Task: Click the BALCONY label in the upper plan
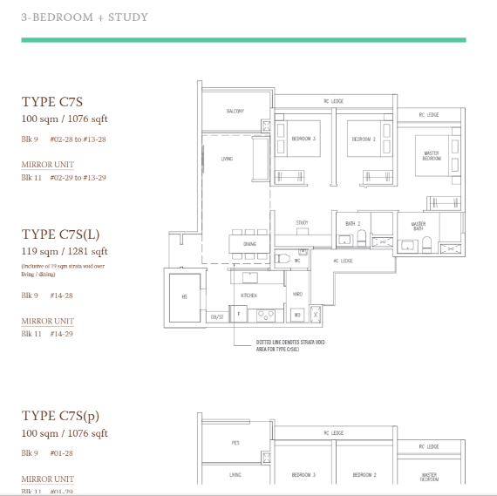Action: coord(235,111)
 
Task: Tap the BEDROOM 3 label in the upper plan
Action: coord(303,139)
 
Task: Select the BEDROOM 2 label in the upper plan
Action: coord(364,139)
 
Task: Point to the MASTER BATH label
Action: coord(419,226)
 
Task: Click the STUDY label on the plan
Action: coord(303,223)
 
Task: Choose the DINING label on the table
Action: coord(250,244)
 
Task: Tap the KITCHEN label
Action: coord(249,296)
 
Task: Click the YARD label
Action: coord(297,294)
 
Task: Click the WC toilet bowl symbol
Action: coord(285,258)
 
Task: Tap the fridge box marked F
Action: coord(240,312)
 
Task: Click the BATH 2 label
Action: coord(353,224)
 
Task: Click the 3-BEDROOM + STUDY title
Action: coord(85,17)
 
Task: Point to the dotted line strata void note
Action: coord(291,344)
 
